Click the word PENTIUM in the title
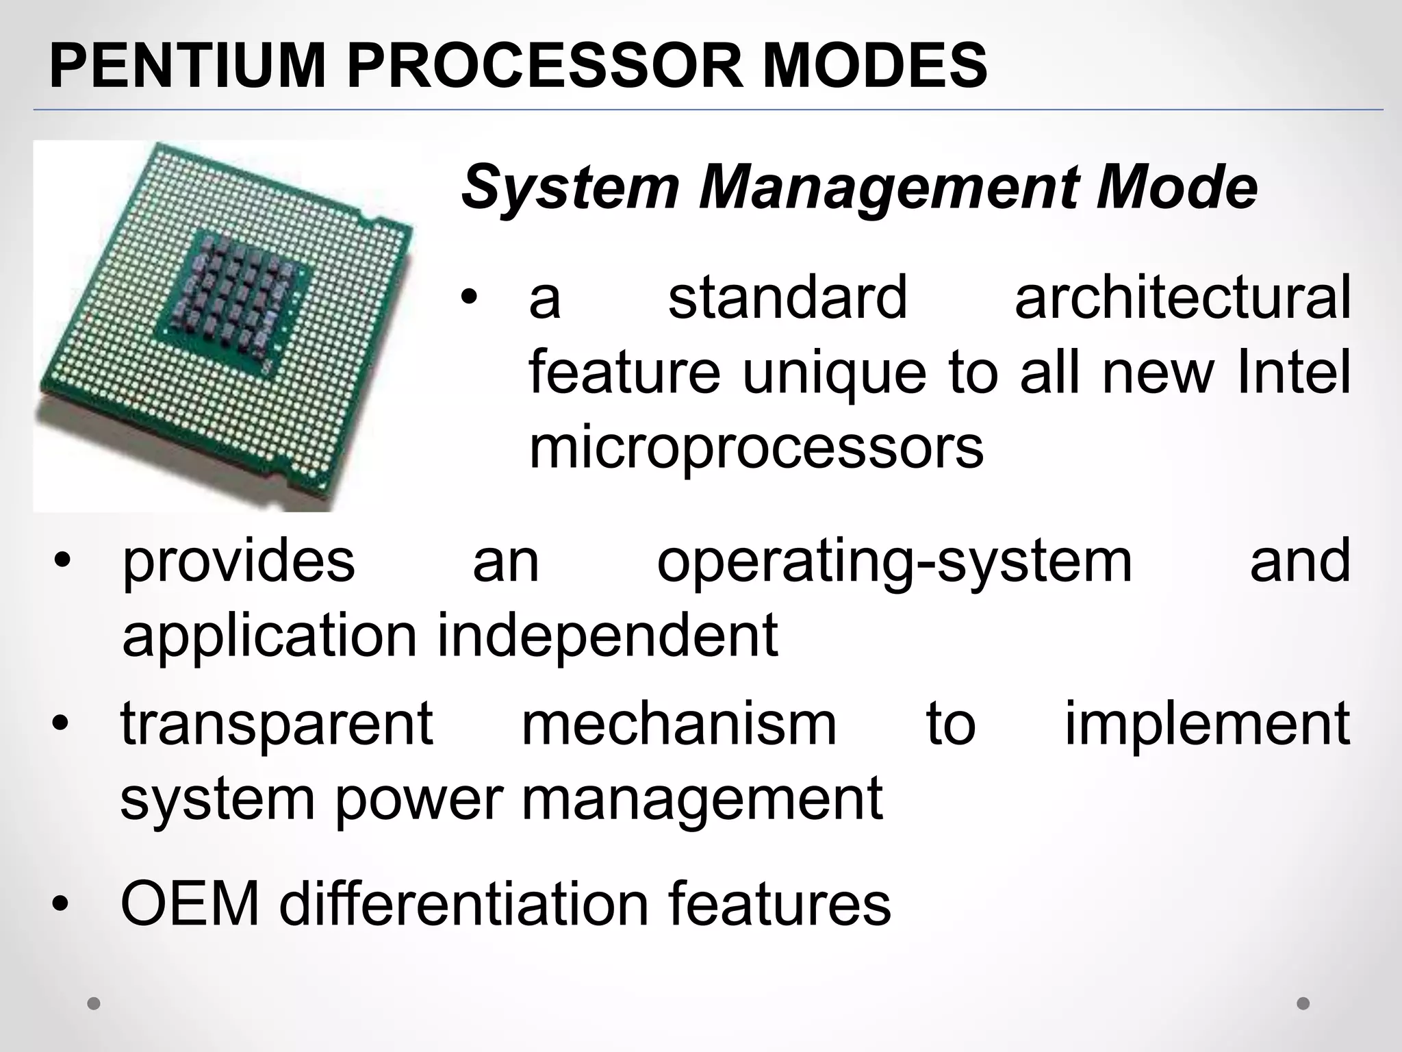coord(186,66)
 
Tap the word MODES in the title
coord(876,66)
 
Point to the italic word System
coord(570,188)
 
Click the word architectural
coord(1182,298)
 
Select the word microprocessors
coord(756,449)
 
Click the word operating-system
coord(894,562)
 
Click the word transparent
coord(277,724)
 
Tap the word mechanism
coord(679,724)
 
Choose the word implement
coord(1208,724)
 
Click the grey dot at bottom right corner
coord(1303,1003)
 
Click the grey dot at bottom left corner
coord(94,1004)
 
